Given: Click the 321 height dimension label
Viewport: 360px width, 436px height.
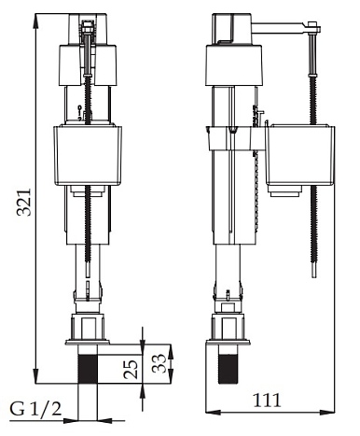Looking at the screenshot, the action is pyautogui.click(x=24, y=202).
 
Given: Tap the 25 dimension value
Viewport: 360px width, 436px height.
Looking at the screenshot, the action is pyautogui.click(x=131, y=369).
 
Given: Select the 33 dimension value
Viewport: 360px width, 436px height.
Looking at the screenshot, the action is pyautogui.click(x=159, y=363).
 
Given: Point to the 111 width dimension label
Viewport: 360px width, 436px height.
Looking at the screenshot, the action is pyautogui.click(x=267, y=400).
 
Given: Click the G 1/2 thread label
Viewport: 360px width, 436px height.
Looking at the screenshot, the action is pyautogui.click(x=35, y=409).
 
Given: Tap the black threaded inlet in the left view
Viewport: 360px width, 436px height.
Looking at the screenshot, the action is pyautogui.click(x=88, y=369).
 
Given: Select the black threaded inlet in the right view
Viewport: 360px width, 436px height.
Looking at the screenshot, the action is pyautogui.click(x=228, y=369).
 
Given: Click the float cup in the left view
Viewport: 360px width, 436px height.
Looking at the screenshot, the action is pyautogui.click(x=88, y=155).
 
